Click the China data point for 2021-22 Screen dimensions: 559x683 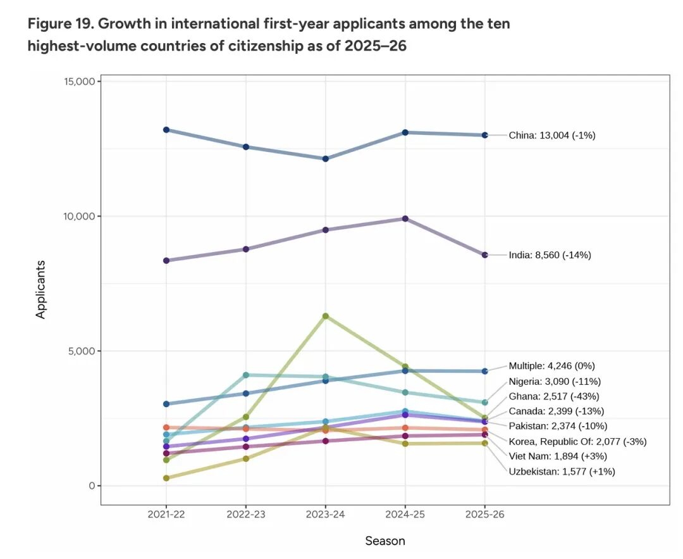click(x=166, y=130)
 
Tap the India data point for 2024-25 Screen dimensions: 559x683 click(x=405, y=219)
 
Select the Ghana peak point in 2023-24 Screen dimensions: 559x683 click(x=326, y=316)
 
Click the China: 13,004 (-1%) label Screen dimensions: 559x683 click(x=552, y=135)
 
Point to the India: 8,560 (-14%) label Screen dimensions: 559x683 click(x=550, y=255)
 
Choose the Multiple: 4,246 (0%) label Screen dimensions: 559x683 click(x=551, y=365)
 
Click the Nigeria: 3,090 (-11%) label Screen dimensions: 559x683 click(x=555, y=381)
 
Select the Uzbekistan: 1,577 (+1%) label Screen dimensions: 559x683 click(x=562, y=471)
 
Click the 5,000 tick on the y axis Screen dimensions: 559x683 click(x=80, y=351)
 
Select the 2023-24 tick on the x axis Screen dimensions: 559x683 click(x=326, y=515)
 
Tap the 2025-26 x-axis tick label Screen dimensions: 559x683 click(x=485, y=515)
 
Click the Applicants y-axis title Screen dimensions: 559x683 click(x=41, y=289)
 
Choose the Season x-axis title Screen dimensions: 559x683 click(x=385, y=541)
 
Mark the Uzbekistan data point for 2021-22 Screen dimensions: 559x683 click(x=166, y=478)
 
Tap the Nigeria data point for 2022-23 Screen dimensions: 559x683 click(x=246, y=375)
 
